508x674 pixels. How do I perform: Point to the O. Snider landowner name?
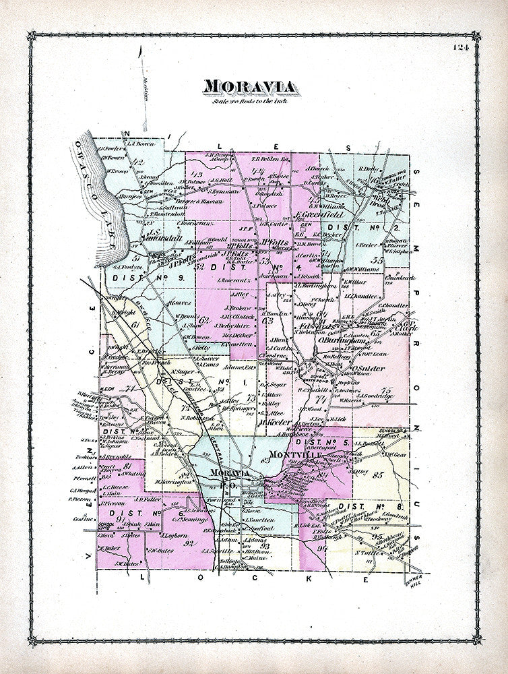pyautogui.click(x=368, y=369)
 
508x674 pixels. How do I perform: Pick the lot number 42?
pyautogui.click(x=140, y=162)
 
